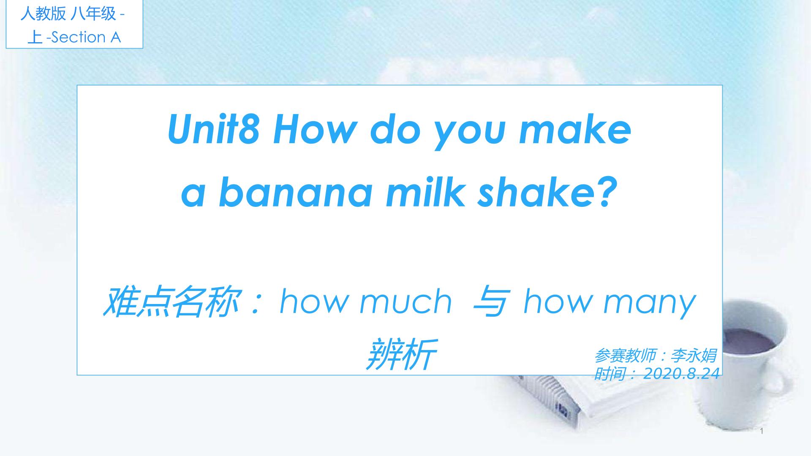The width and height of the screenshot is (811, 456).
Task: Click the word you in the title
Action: click(x=471, y=133)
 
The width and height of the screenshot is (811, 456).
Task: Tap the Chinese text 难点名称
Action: click(x=169, y=302)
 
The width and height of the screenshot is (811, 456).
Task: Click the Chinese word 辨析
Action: click(x=400, y=354)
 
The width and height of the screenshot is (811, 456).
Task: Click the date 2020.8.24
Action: click(x=681, y=374)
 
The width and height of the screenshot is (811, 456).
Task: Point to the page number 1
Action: click(x=762, y=431)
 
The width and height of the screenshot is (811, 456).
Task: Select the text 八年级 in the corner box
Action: click(x=93, y=14)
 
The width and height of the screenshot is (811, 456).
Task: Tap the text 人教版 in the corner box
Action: click(x=43, y=14)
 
